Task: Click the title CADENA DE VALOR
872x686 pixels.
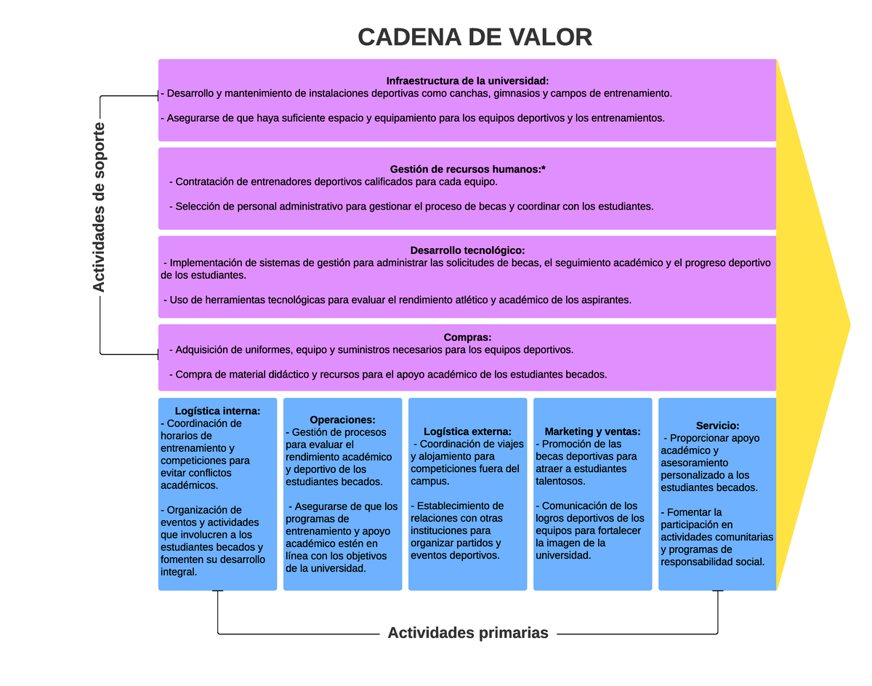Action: click(x=475, y=37)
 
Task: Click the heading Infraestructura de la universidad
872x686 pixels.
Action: click(x=467, y=81)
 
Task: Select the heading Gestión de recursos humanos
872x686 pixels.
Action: click(x=467, y=169)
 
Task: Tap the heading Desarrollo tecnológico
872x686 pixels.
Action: click(x=467, y=250)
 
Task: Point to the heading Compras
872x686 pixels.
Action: click(x=467, y=338)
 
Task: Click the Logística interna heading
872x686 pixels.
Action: click(x=217, y=411)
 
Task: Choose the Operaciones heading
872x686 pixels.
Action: click(x=342, y=420)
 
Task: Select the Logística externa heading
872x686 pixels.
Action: click(x=467, y=431)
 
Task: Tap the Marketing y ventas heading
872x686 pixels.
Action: click(x=592, y=431)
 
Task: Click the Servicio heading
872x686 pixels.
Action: click(x=717, y=426)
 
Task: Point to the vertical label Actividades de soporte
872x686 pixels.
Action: click(x=99, y=207)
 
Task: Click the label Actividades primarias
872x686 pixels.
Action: click(x=468, y=633)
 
